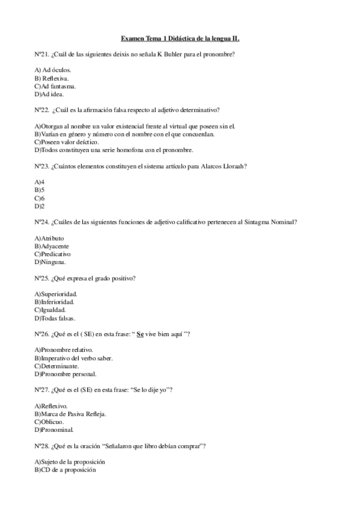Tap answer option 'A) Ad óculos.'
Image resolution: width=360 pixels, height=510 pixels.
coord(53,70)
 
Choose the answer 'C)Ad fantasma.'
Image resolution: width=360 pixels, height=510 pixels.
coord(55,86)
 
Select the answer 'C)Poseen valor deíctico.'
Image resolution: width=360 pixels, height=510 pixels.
coord(67,142)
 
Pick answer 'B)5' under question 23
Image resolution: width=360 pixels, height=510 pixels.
coord(40,189)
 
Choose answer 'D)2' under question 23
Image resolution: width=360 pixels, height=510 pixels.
coord(40,205)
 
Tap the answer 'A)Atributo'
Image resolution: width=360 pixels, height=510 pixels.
coord(49,238)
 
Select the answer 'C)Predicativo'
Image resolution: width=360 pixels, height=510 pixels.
coord(53,254)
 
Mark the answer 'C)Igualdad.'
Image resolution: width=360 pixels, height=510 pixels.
coord(50,310)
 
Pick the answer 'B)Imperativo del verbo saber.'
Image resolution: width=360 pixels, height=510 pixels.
coord(74,358)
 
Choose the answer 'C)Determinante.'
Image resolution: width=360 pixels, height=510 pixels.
coord(56,366)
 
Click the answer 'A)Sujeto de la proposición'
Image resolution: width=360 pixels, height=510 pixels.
coord(70,461)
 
